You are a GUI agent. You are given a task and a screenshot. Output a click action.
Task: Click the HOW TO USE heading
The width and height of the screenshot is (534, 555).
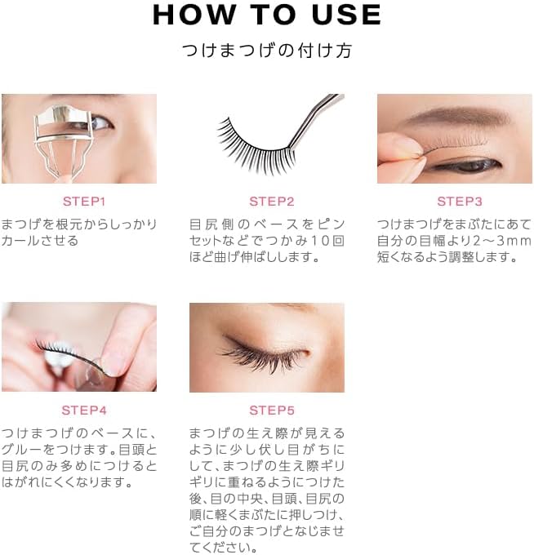point(266,15)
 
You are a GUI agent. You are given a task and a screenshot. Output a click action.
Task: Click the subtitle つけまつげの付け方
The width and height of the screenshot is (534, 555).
point(266,51)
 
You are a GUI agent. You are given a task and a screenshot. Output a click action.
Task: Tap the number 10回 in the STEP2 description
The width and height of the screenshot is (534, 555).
point(327,240)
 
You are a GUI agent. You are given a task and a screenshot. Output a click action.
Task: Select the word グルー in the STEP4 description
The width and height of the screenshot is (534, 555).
point(20,449)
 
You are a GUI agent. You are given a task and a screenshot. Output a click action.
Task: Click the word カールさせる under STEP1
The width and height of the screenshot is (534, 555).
point(40,240)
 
